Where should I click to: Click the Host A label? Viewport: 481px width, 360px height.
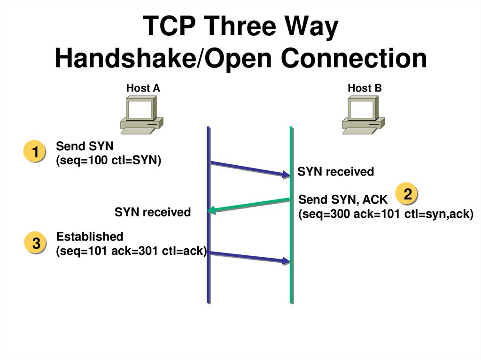tap(143, 88)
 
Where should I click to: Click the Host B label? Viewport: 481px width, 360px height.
tap(365, 88)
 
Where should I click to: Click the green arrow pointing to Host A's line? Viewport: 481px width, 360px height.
tap(249, 206)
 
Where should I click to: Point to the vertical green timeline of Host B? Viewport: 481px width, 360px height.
tap(292, 282)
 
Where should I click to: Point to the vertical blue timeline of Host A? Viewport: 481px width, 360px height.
tap(208, 282)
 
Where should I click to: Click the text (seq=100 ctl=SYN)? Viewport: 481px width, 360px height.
tap(108, 161)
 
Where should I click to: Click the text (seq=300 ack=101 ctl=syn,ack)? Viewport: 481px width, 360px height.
tap(385, 214)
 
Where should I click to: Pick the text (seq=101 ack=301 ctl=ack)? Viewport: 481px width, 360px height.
tap(132, 251)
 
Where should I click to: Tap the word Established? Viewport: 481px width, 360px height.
tap(90, 236)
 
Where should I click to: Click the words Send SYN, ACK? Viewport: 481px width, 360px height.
tap(343, 199)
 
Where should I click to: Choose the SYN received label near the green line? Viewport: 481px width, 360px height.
tap(335, 172)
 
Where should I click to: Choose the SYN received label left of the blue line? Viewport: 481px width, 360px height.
tap(153, 212)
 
